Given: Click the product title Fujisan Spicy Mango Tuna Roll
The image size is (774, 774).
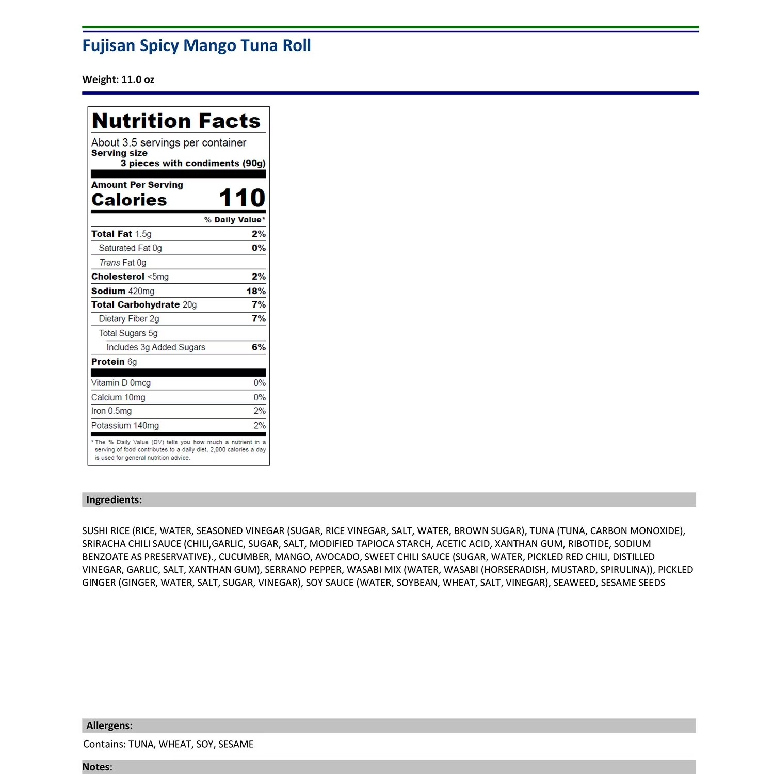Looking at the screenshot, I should [x=197, y=46].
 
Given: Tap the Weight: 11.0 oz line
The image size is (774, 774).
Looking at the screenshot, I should [x=118, y=79].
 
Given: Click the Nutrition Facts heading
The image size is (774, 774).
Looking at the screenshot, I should [x=176, y=121].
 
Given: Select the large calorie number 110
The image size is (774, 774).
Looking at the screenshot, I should [x=241, y=198].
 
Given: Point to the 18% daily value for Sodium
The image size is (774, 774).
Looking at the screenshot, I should [x=256, y=291].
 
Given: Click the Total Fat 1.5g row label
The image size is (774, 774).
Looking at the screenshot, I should [x=121, y=234].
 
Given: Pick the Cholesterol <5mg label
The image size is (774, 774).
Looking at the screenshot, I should [x=130, y=277].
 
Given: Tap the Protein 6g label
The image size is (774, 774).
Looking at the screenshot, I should [x=114, y=362].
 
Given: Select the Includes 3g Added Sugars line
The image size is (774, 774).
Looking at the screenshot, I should [x=156, y=347].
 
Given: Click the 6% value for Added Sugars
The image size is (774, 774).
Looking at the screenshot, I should [x=259, y=347].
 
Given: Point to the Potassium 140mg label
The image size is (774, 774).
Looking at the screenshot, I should [x=125, y=426].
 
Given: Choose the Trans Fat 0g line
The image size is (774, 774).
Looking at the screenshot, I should [x=123, y=263].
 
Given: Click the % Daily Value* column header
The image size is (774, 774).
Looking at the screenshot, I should [x=234, y=220].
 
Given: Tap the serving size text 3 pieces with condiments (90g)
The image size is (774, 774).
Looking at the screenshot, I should [x=193, y=164].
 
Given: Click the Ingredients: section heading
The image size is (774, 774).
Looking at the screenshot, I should [x=114, y=500].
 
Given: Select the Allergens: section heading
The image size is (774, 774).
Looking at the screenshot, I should [x=109, y=726].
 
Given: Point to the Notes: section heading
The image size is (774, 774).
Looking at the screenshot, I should [x=97, y=767].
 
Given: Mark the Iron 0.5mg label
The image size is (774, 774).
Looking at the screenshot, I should [x=111, y=411].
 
